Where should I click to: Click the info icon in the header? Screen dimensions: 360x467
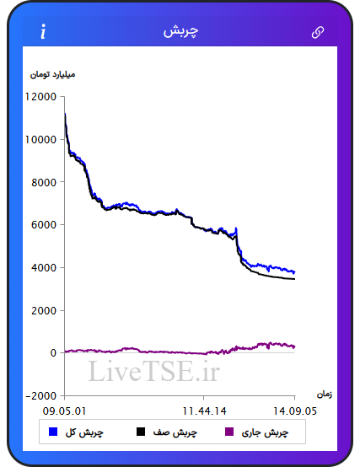(44, 31)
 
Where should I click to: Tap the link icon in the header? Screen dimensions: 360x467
(317, 32)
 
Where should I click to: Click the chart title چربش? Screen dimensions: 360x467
(180, 31)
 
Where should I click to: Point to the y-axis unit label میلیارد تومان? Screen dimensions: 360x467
(52, 74)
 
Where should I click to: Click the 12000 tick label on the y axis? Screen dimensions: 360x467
(40, 97)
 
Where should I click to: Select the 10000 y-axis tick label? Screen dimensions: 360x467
(40, 139)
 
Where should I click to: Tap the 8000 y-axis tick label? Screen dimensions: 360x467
(44, 182)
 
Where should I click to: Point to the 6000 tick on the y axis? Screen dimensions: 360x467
(44, 225)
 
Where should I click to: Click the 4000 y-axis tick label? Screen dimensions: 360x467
(44, 267)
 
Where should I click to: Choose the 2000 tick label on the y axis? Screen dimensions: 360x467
(44, 310)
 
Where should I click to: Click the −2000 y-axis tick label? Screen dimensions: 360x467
(41, 396)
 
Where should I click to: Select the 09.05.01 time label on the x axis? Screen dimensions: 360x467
(64, 411)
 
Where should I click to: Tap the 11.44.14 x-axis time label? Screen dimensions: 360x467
(204, 411)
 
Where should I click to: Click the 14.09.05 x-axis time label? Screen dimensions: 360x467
(295, 411)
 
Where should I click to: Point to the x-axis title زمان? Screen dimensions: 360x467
(325, 395)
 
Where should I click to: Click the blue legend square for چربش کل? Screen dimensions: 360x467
(53, 432)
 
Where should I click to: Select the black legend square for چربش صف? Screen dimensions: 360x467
(141, 432)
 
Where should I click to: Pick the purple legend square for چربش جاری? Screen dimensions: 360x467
(229, 432)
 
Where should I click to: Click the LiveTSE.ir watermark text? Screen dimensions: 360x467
(154, 371)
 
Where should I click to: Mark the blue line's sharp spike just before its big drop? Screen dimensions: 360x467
(236, 228)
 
